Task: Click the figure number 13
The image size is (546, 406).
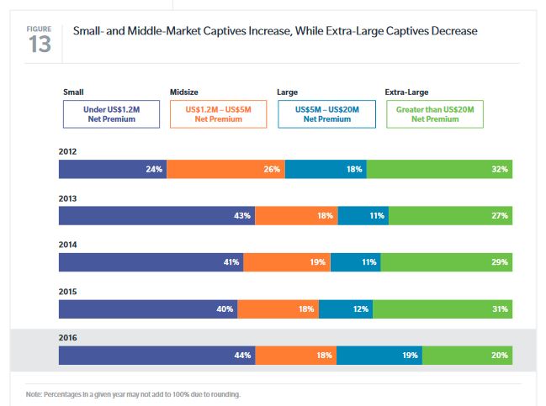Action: pyautogui.click(x=39, y=44)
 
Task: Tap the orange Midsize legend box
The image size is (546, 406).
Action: pyautogui.click(x=217, y=114)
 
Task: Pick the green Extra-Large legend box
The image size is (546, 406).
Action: pyautogui.click(x=435, y=114)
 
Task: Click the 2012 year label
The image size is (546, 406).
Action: pyautogui.click(x=67, y=152)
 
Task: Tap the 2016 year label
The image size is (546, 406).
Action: pyautogui.click(x=67, y=339)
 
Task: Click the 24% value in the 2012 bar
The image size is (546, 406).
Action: pyautogui.click(x=153, y=169)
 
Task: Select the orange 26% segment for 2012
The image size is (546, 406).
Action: pyautogui.click(x=225, y=169)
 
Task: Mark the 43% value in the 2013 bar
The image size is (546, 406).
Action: pyautogui.click(x=241, y=216)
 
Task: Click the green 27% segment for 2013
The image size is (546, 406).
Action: pyautogui.click(x=450, y=216)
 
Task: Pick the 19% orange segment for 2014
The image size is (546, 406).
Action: pyautogui.click(x=286, y=262)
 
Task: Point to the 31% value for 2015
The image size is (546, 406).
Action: pyautogui.click(x=500, y=309)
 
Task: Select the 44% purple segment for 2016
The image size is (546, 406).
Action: pyautogui.click(x=156, y=356)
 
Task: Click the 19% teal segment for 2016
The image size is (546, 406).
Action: pyautogui.click(x=379, y=356)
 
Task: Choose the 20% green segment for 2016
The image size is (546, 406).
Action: pyautogui.click(x=467, y=356)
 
